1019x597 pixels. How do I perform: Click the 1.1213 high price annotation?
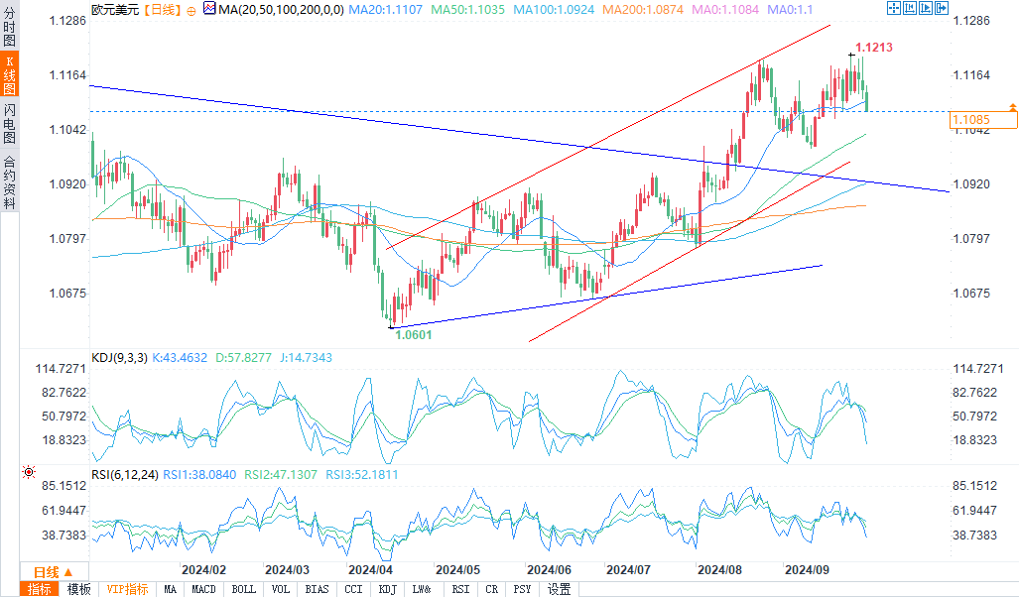[x=872, y=47]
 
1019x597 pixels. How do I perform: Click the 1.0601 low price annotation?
[x=413, y=335]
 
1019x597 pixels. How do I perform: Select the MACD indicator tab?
[x=203, y=589]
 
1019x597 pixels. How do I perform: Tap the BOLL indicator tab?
[x=243, y=589]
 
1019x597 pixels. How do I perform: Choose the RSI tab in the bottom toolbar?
[x=459, y=589]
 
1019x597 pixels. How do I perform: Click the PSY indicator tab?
[x=522, y=589]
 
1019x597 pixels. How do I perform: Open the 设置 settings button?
[x=560, y=589]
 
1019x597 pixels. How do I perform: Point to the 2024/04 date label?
[x=370, y=570]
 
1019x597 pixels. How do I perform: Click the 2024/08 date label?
[x=719, y=570]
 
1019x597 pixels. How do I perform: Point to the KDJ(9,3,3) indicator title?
[x=119, y=358]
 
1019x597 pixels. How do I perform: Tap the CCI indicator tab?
[x=352, y=589]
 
